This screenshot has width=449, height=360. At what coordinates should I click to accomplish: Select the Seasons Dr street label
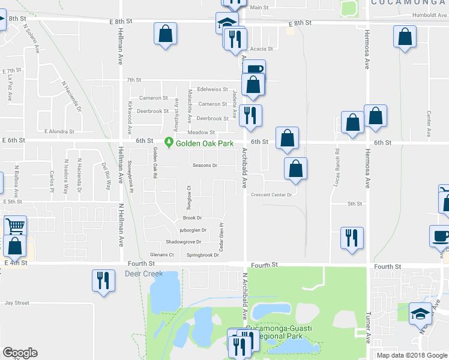pyautogui.click(x=205, y=165)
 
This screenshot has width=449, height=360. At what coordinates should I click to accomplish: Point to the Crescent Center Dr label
pyautogui.click(x=271, y=194)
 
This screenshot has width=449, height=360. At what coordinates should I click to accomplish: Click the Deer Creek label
pyautogui.click(x=143, y=274)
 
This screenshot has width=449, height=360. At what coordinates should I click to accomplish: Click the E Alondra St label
pyautogui.click(x=59, y=131)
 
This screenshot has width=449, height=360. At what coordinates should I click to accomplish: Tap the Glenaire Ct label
pyautogui.click(x=161, y=254)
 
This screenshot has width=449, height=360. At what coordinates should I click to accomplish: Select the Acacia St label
pyautogui.click(x=262, y=49)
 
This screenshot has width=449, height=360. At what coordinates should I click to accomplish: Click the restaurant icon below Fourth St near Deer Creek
pyautogui.click(x=103, y=280)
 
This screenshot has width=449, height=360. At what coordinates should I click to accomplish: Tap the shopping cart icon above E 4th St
pyautogui.click(x=15, y=226)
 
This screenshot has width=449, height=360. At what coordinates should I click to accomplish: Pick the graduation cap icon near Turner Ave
pyautogui.click(x=420, y=313)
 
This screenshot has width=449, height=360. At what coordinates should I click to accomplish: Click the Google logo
pyautogui.click(x=20, y=353)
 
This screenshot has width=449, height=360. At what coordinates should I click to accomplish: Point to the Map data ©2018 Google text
pyautogui.click(x=411, y=355)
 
